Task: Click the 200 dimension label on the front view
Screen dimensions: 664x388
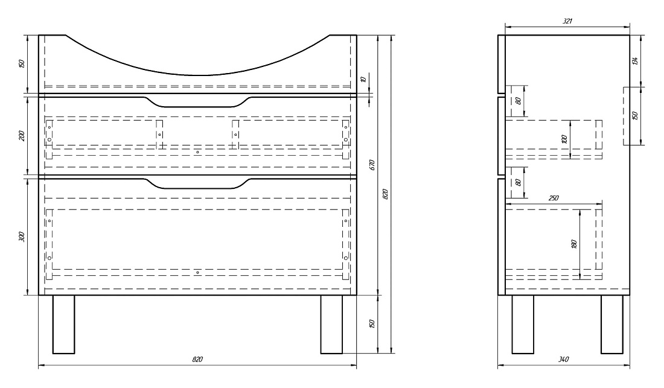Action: (x=22, y=135)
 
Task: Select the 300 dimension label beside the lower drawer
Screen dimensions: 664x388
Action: (x=22, y=237)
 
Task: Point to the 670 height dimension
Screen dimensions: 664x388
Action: (x=372, y=165)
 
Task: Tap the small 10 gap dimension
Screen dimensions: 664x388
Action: (x=363, y=79)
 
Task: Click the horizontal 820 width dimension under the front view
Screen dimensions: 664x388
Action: (x=197, y=359)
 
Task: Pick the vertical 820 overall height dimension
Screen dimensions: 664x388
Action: (x=385, y=194)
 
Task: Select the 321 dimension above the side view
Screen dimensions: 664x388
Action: (x=567, y=21)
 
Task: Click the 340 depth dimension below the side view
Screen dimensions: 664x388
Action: (x=563, y=359)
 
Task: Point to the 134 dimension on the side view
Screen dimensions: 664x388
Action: (x=634, y=60)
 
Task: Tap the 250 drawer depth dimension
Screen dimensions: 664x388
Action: (x=554, y=198)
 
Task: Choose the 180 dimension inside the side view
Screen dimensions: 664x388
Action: (x=574, y=244)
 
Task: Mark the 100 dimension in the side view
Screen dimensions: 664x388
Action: (x=564, y=139)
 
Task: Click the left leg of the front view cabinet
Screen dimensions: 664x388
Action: (x=63, y=324)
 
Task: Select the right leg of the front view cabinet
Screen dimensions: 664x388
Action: (x=331, y=324)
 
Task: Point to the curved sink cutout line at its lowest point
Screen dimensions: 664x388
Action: (x=203, y=75)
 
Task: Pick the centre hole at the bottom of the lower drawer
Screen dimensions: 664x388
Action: (x=198, y=273)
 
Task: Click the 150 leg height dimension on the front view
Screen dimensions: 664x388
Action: (x=372, y=324)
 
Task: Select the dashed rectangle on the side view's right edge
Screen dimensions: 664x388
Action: (x=627, y=116)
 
